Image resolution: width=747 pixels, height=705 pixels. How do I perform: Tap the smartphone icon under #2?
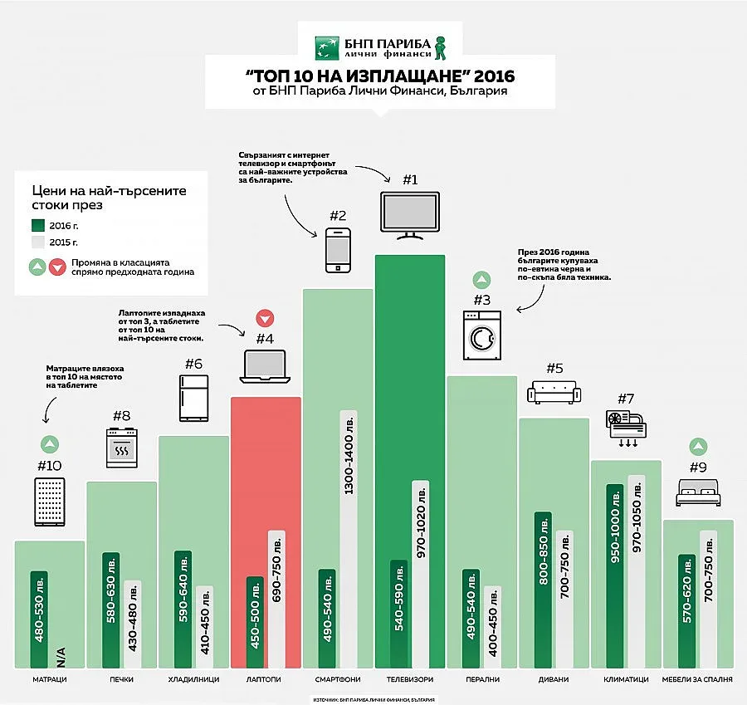coord(337,249)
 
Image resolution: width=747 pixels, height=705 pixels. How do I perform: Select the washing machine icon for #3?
coord(482,335)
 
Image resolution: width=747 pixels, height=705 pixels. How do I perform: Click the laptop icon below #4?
coord(265,367)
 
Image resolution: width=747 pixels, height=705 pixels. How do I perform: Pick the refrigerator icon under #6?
coord(193,399)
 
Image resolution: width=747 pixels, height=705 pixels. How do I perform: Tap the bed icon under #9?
coord(698,493)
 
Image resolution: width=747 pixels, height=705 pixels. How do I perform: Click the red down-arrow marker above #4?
coord(265,318)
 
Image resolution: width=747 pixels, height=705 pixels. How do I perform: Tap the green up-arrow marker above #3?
coord(481,280)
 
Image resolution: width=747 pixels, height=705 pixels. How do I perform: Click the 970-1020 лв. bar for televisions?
coord(421,574)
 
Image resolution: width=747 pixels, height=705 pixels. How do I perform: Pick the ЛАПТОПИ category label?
coord(265,679)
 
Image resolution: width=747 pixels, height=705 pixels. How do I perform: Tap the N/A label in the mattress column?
coord(61,656)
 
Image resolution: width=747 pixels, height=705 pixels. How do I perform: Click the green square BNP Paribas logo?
coord(325,47)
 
